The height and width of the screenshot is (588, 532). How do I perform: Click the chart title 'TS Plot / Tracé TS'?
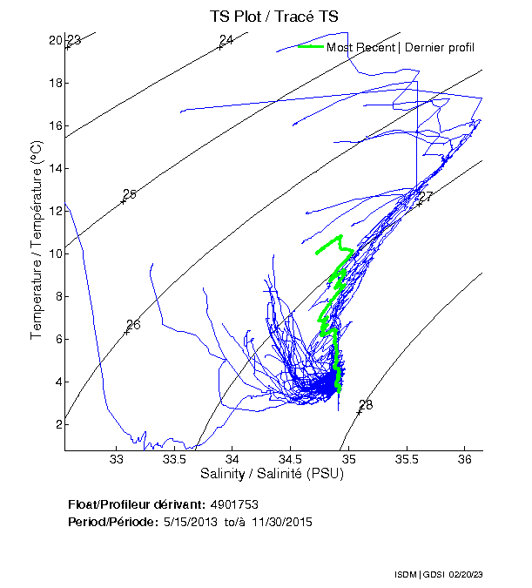coord(274,17)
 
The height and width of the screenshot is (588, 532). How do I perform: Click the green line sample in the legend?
coord(310,46)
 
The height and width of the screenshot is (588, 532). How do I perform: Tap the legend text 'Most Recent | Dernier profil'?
coord(401,47)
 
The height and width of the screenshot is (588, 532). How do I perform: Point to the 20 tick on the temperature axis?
coord(55,40)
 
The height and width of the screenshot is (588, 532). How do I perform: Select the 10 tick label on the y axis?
coord(55,253)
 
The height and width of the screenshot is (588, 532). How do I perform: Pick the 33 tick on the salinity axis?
coord(117,459)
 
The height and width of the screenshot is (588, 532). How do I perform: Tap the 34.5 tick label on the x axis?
coord(290,459)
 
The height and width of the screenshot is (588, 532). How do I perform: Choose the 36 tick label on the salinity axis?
coord(464,459)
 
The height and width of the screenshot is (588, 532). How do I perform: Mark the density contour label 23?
coord(74,41)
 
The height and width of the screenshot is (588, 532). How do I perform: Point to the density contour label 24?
coord(226,40)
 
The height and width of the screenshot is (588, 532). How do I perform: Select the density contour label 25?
coord(130,194)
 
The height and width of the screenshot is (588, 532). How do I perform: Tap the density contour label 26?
coord(133,325)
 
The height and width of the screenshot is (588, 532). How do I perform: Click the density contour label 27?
coord(426,197)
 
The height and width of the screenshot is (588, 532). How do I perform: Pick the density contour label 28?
coord(366,405)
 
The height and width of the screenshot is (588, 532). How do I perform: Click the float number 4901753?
coord(234,504)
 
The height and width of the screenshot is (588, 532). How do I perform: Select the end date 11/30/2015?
coord(281,522)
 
